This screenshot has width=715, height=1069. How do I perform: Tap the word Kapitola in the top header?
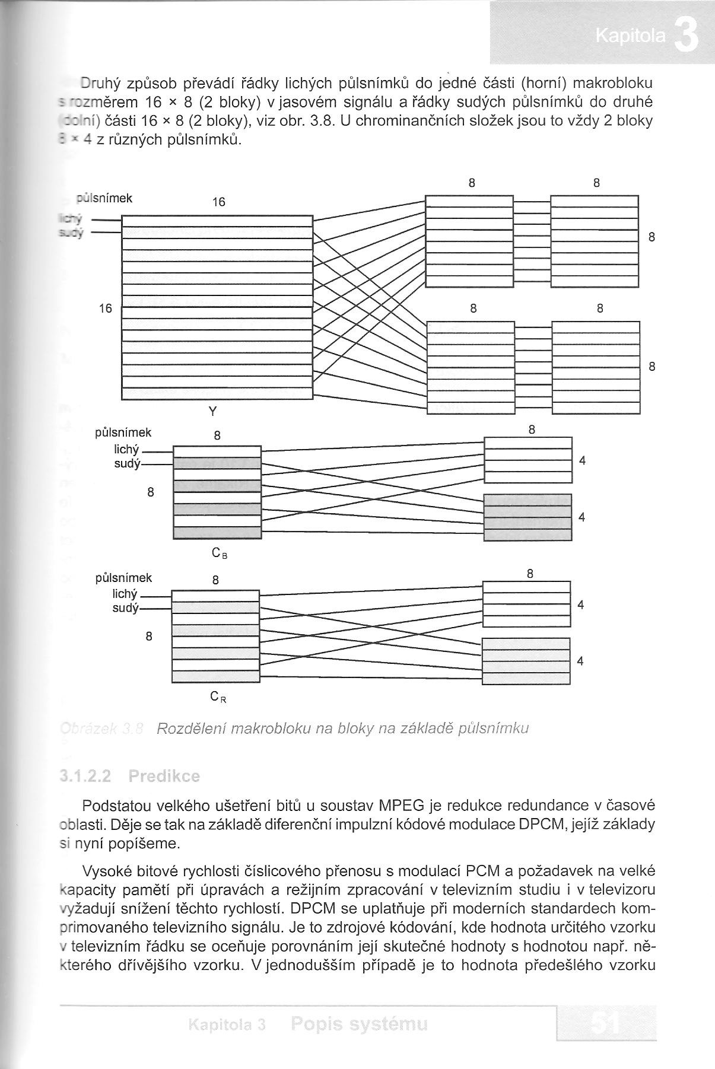click(630, 37)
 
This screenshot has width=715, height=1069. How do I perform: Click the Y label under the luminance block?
click(213, 411)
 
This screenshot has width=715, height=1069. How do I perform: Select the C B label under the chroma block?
click(219, 553)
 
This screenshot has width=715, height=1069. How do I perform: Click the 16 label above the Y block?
click(218, 202)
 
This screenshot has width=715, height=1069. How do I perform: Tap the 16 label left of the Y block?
click(106, 308)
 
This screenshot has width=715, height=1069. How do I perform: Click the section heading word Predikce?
click(164, 776)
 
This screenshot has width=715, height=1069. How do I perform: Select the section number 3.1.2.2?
click(86, 776)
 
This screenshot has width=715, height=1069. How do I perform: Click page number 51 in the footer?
click(606, 1023)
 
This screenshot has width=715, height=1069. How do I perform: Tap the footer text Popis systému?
click(360, 1024)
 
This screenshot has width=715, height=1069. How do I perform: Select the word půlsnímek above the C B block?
click(123, 433)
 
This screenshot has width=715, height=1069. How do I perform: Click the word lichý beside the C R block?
click(125, 594)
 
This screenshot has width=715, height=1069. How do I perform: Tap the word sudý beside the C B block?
click(126, 464)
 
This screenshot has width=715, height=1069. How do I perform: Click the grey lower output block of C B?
click(527, 517)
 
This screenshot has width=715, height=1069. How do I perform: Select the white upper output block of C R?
click(526, 604)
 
